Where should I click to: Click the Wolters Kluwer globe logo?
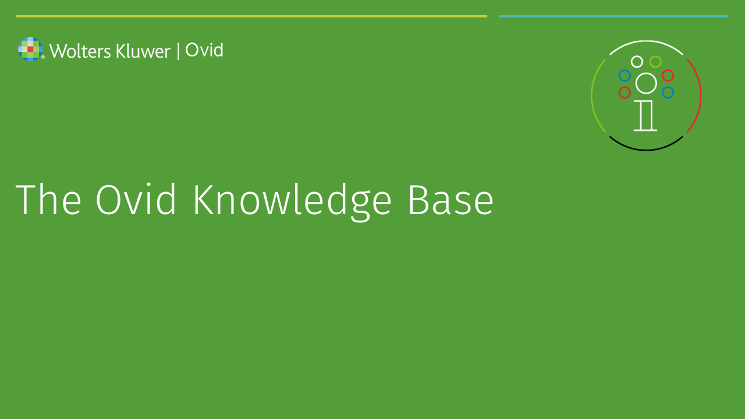tap(30, 49)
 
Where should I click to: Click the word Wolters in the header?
tap(80, 51)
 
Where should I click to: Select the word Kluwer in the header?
tap(143, 51)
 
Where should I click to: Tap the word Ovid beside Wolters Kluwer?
tap(204, 50)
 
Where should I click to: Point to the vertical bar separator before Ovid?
tap(178, 51)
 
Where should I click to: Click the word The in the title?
tap(48, 199)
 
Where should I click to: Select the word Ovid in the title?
tap(136, 199)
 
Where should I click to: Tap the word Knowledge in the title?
tap(293, 202)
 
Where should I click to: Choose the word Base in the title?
tap(451, 200)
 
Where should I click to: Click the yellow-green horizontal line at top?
tap(252, 16)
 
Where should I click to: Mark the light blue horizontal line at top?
tap(613, 16)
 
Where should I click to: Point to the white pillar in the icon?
tap(645, 116)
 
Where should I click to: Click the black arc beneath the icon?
tap(646, 150)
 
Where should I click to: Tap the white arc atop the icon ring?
tap(646, 41)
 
